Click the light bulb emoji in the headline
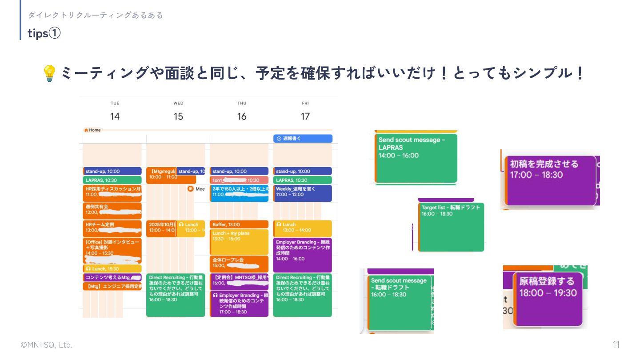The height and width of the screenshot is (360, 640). pos(49,73)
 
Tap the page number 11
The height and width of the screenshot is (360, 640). pos(616,345)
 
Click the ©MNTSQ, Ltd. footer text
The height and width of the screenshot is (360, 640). pos(46,345)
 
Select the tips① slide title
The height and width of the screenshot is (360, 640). pos(44,33)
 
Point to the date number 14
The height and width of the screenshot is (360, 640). pos(115,116)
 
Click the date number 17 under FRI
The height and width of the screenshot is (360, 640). pos(305,116)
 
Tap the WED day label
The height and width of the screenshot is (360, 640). pos(178,104)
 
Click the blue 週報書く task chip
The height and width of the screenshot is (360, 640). pos(303,139)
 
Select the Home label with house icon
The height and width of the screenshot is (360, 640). pos(92,130)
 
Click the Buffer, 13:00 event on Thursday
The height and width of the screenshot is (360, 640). pos(239,224)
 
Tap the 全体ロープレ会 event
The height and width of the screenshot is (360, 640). pos(239,263)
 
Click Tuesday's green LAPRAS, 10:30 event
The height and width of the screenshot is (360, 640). pos(112,180)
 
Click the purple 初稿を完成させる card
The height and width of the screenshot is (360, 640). pos(551,180)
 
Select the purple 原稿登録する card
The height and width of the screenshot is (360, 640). pos(548,299)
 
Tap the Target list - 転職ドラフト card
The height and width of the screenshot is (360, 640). pos(452,227)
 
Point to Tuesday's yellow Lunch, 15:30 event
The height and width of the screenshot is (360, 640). pos(112,269)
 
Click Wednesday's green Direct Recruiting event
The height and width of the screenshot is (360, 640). pos(176,295)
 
